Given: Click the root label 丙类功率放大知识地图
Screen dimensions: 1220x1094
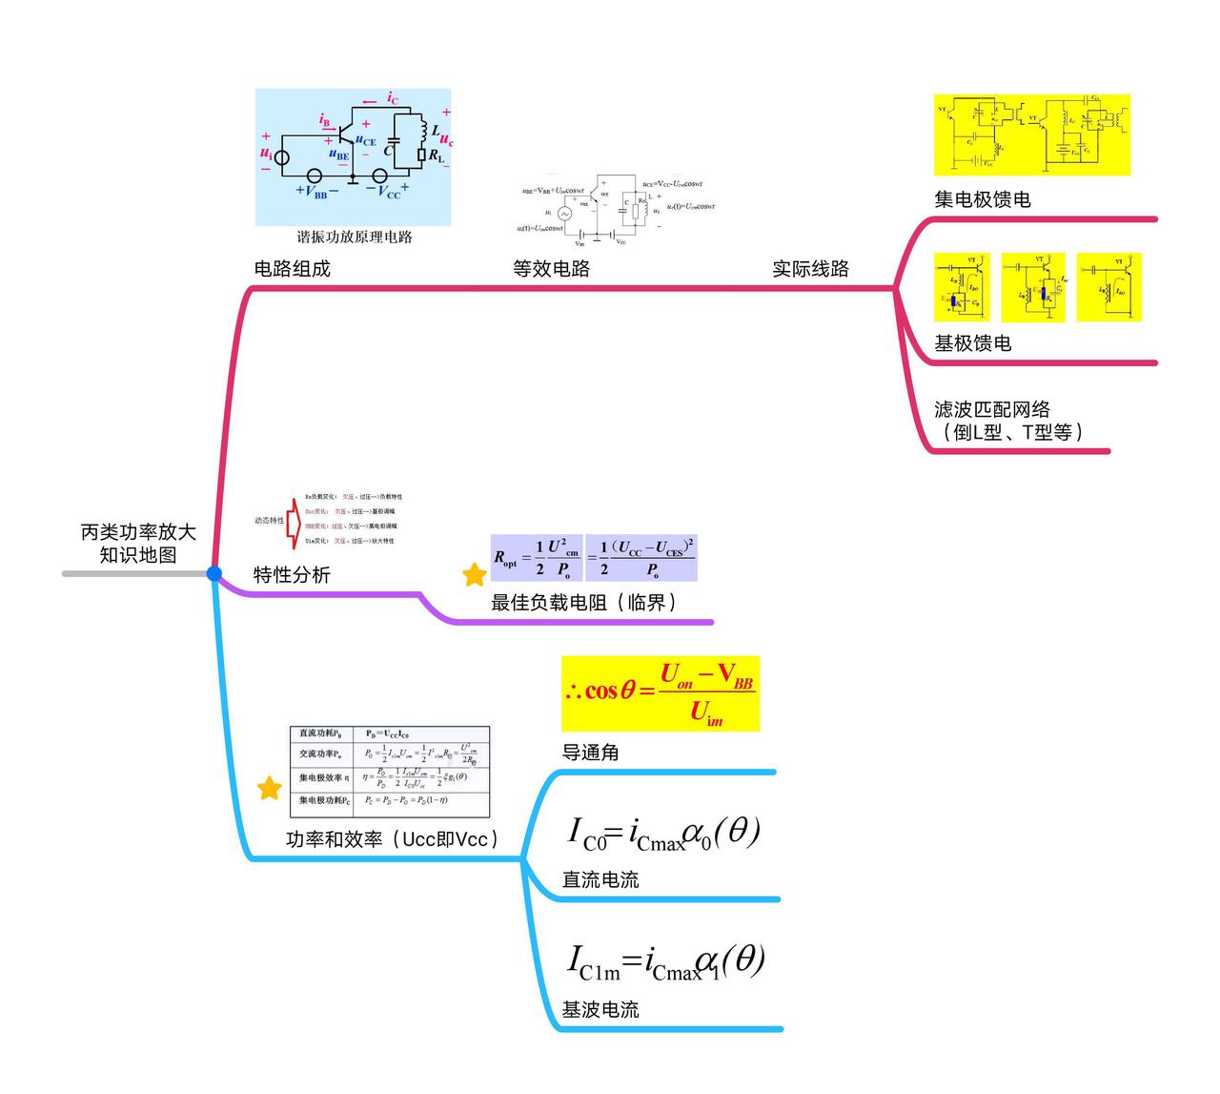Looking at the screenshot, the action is click(138, 544).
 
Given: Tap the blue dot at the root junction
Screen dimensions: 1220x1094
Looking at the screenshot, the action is click(213, 573).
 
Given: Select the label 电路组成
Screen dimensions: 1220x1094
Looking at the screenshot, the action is click(292, 269).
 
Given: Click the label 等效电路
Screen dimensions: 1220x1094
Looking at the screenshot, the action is click(551, 269).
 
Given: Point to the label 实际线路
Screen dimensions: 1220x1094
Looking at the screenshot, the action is click(810, 269).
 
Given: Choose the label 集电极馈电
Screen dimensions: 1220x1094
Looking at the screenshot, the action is click(982, 199).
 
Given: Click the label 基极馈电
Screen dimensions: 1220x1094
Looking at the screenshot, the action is click(972, 343).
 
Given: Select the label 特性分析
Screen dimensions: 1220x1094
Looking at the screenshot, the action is click(292, 575).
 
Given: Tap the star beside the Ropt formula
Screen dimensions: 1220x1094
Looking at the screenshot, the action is click(474, 575).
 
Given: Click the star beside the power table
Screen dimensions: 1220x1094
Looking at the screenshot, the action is click(270, 788).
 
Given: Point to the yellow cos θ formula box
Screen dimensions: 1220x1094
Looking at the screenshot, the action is click(661, 693).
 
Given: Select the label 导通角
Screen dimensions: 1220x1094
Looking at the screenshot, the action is click(590, 753).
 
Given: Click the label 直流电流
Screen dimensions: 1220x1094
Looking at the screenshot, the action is click(600, 880).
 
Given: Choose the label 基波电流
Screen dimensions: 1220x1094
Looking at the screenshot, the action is click(600, 1010).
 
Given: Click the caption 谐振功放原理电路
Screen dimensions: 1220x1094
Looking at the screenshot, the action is click(354, 237).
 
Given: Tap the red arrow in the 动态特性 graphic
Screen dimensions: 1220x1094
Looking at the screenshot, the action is click(295, 521).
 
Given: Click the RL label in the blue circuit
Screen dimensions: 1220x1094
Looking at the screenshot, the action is click(436, 155).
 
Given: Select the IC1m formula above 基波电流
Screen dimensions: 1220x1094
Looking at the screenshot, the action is click(666, 962).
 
